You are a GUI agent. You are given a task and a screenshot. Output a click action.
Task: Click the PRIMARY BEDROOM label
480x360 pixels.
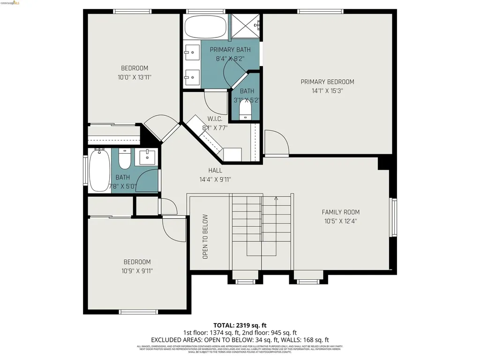pos(327,82)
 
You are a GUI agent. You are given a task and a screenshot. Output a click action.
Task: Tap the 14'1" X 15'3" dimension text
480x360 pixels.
pos(327,91)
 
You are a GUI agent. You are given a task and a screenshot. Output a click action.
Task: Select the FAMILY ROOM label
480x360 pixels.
pos(340,212)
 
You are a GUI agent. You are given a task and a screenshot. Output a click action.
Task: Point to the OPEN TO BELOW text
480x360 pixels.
pos(205,237)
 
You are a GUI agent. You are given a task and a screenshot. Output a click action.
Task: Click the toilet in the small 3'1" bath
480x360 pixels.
pos(245,111)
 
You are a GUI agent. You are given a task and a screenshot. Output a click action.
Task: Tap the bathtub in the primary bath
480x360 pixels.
pos(205,27)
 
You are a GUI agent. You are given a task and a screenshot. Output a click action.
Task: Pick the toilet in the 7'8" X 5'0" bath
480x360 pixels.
pos(124,159)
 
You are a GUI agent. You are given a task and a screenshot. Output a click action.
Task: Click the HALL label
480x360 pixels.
pos(215,170)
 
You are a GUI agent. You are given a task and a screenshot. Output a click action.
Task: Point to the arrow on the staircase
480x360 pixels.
pos(277,199)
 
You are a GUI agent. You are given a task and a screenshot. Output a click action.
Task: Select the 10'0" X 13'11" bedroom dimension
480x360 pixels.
pos(135,78)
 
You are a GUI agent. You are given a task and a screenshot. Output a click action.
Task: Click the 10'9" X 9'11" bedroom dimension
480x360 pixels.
pos(137,270)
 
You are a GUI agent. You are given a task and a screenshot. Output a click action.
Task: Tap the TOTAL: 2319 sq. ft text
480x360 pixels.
pos(240,325)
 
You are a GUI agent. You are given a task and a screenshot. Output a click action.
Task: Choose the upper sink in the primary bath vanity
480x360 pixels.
pos(191,52)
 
